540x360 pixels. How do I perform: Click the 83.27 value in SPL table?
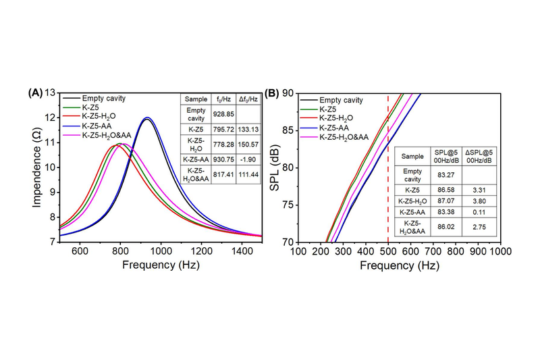tap(441, 172)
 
